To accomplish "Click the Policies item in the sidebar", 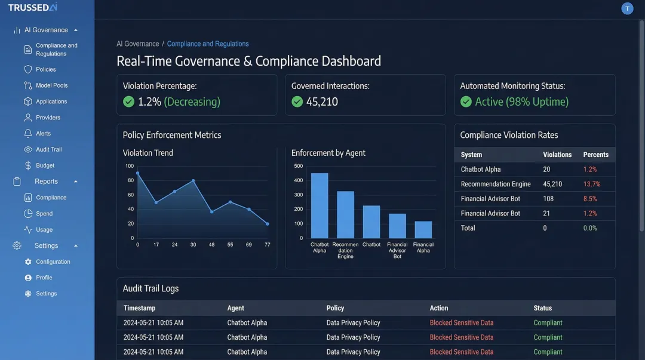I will pos(45,69).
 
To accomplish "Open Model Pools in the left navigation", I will pos(51,85).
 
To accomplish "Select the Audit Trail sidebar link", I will pos(48,149).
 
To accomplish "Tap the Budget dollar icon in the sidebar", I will pos(28,165).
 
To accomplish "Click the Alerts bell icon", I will pos(28,134).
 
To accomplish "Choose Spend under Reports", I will pos(44,213).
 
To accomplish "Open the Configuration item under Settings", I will pos(53,261).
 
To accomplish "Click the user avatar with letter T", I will pos(627,8).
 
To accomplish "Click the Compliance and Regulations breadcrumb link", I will pos(208,44).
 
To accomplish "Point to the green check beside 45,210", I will pos(297,101).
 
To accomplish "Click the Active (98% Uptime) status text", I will pos(521,101).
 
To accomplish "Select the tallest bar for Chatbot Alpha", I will pos(320,205).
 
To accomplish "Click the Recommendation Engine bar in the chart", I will pos(345,214).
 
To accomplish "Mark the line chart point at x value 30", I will pos(193,180).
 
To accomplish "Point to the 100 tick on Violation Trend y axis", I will pos(130,166).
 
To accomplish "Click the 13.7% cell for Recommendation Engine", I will pos(591,184).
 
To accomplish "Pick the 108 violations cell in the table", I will pos(548,199).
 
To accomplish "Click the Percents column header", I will pos(595,155).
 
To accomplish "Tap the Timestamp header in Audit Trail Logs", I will pos(139,308).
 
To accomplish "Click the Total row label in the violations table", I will pos(468,227).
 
